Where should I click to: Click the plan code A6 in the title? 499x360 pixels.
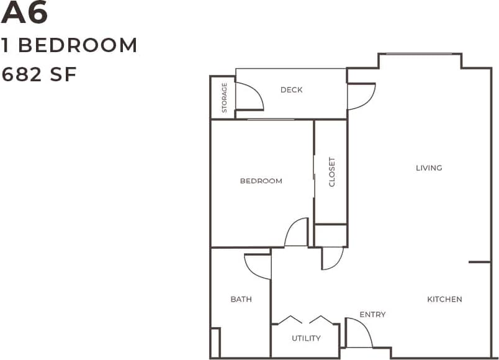25,14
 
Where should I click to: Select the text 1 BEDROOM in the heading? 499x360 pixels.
70,45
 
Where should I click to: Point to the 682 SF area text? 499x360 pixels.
39,74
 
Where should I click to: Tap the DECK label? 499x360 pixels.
291,90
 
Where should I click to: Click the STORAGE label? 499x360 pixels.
224,97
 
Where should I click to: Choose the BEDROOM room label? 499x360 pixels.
261,181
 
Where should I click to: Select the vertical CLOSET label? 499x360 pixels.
331,172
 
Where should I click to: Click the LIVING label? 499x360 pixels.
429,168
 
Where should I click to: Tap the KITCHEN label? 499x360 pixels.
444,299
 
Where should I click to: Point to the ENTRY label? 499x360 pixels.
372,315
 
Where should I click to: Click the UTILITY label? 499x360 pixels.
306,338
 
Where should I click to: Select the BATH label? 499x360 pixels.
241,299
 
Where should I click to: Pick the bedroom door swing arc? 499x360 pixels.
297,232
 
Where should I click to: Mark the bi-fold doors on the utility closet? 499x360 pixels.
305,320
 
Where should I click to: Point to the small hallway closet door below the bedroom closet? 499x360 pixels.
333,258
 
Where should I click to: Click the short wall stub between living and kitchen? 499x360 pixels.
479,262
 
